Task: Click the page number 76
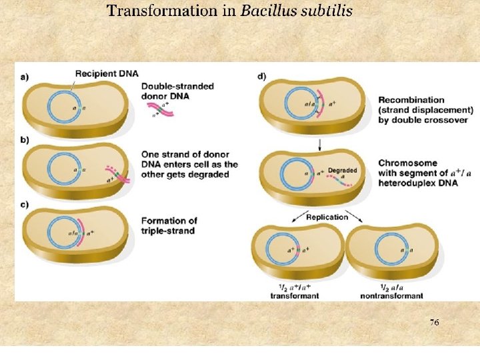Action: coord(434,322)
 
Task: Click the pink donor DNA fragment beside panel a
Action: coord(161,113)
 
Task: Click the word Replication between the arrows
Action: coord(327,217)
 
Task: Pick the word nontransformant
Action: coord(392,295)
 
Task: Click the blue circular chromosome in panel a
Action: coord(65,106)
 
